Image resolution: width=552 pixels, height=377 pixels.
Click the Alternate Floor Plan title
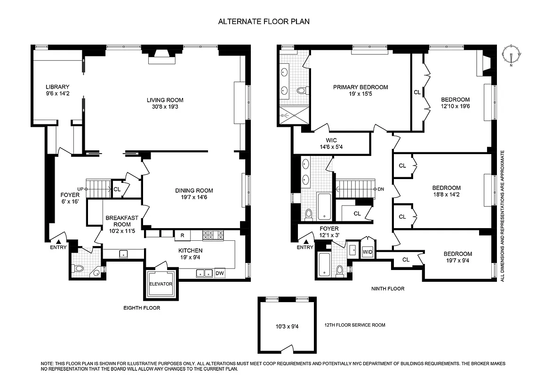pos(264,22)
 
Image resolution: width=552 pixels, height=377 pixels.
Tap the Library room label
pos(57,87)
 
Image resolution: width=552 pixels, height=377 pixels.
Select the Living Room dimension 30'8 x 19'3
pos(165,107)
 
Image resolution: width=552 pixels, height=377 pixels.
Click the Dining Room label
pos(194,190)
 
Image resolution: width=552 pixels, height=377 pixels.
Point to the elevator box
pos(161,284)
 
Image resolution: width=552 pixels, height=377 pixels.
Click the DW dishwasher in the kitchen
pos(220,273)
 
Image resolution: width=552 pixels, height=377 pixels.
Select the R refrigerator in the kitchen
pos(182,234)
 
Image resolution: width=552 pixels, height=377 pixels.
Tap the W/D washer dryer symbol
pos(368,252)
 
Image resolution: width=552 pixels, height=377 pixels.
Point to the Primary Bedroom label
pos(360,87)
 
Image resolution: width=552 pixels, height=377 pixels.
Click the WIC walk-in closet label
pos(331,140)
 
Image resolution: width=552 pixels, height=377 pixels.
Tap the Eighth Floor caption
pos(142,308)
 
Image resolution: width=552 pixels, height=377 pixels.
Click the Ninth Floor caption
pos(388,288)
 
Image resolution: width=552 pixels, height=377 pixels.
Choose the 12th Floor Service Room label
pos(355,325)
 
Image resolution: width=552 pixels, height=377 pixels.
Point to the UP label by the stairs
pos(80,189)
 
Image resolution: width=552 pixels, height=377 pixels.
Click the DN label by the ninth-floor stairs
pos(382,189)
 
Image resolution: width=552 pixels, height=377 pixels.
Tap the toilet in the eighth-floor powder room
pos(79,269)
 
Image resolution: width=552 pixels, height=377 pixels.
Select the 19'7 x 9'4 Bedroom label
pos(458,257)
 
